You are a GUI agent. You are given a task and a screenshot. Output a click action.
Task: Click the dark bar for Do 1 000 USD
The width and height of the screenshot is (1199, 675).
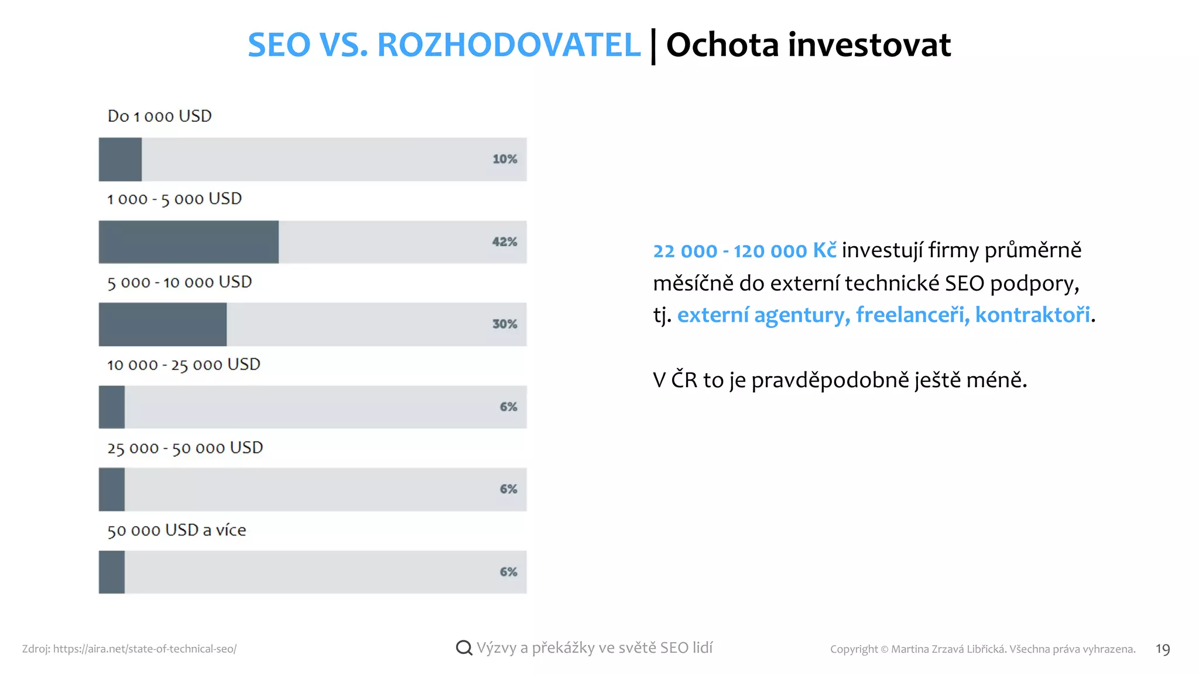(120, 159)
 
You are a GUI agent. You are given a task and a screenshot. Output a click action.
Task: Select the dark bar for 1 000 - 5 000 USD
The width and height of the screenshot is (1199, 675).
(189, 242)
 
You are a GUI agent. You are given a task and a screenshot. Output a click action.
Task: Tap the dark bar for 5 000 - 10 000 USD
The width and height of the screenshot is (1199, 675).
(163, 324)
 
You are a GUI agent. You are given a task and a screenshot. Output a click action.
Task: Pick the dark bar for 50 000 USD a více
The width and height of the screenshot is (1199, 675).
(112, 572)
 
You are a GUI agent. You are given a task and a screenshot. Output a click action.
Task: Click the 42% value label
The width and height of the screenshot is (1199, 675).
(505, 242)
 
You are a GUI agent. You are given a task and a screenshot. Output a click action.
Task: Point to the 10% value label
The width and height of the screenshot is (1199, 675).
(505, 159)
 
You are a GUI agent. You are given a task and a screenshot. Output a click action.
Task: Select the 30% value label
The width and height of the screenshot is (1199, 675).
(505, 324)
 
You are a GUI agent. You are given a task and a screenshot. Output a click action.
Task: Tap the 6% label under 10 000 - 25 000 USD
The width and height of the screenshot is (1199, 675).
(508, 407)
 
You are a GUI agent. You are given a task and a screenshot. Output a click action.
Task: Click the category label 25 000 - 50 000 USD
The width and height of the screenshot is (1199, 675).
(185, 448)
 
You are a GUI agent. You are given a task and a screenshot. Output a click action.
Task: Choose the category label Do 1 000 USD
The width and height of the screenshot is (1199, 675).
(159, 116)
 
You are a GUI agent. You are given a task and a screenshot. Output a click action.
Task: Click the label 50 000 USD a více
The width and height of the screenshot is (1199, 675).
(176, 530)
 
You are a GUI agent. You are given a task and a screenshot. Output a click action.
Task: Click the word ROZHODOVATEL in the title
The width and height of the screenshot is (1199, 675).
(509, 45)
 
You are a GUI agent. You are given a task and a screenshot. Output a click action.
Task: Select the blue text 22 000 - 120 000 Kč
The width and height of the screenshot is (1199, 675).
(744, 251)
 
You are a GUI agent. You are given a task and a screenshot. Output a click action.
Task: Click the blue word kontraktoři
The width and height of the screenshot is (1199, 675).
(1032, 315)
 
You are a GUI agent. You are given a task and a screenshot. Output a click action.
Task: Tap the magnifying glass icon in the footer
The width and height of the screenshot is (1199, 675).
(464, 647)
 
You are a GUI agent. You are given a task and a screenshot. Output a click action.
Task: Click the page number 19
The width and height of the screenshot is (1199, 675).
(1162, 649)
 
